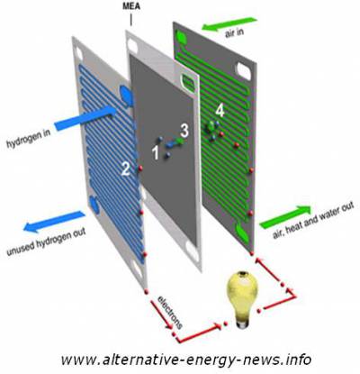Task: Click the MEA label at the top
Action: (x=131, y=6)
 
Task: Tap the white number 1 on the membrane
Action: (x=156, y=153)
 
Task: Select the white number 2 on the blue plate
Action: (x=125, y=169)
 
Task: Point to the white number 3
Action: (x=184, y=132)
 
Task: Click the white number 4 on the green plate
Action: (x=220, y=111)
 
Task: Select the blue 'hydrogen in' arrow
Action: (x=85, y=118)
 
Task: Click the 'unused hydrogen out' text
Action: (x=47, y=242)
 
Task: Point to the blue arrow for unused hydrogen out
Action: (x=54, y=222)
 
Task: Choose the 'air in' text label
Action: (x=234, y=32)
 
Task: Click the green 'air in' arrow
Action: (x=229, y=23)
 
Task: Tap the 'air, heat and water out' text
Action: (x=313, y=220)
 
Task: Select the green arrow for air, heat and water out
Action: (x=285, y=216)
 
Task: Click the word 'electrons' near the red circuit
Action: (x=170, y=313)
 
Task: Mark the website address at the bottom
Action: (x=186, y=360)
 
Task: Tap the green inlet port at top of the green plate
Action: (x=182, y=38)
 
